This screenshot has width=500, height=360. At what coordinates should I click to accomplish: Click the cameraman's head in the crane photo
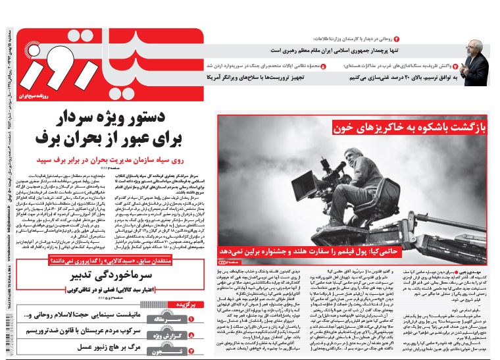(363, 158)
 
